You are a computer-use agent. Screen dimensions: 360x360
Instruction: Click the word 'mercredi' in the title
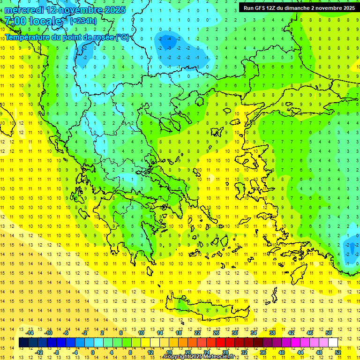point(25,10)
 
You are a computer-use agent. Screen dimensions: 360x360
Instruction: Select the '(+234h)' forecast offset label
point(83,21)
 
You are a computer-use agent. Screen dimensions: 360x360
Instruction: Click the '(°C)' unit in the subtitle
point(123,37)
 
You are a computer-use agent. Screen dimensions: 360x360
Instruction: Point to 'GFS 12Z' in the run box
point(266,8)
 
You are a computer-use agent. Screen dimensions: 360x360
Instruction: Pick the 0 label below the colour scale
point(92,352)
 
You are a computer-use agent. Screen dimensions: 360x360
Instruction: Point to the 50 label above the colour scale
point(329,332)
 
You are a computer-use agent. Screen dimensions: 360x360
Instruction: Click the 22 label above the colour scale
point(197,332)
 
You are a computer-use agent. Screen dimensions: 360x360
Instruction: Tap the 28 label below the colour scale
point(225,352)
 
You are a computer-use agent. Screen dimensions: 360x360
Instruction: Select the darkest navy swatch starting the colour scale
point(24,343)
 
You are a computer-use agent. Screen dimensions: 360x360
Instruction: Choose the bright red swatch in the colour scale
point(221,343)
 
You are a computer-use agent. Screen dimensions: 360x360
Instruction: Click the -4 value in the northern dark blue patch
point(170,38)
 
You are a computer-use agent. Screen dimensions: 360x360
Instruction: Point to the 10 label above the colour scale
point(141,332)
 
